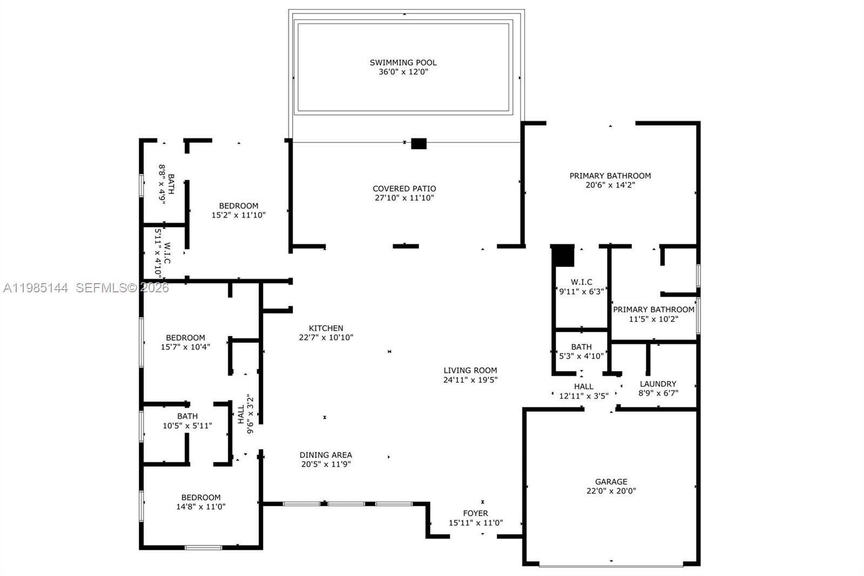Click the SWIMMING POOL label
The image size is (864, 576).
(x=403, y=63)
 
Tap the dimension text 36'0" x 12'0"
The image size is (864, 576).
(x=403, y=72)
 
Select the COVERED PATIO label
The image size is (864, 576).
(x=404, y=189)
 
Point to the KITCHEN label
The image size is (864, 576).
(x=326, y=328)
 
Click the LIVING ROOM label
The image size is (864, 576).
(x=470, y=370)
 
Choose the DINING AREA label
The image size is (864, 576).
(x=326, y=455)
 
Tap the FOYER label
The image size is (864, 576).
(x=476, y=513)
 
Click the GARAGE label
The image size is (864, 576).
(x=611, y=481)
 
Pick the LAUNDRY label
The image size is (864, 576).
(x=658, y=384)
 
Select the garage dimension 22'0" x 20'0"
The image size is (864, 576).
(x=611, y=491)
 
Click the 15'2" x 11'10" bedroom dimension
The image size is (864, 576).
(x=239, y=215)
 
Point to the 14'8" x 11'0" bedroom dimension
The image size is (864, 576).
(x=201, y=506)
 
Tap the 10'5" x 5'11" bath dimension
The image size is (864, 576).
(x=187, y=425)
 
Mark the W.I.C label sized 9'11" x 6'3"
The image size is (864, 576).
(x=582, y=282)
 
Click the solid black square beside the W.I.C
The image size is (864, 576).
(x=563, y=256)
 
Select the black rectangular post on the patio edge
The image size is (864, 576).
(x=418, y=144)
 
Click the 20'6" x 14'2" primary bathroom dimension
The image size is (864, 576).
(x=610, y=185)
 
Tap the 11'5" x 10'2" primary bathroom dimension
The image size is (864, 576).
(x=653, y=319)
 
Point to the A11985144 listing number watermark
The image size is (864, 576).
(x=36, y=288)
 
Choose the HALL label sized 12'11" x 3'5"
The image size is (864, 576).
(x=584, y=386)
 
